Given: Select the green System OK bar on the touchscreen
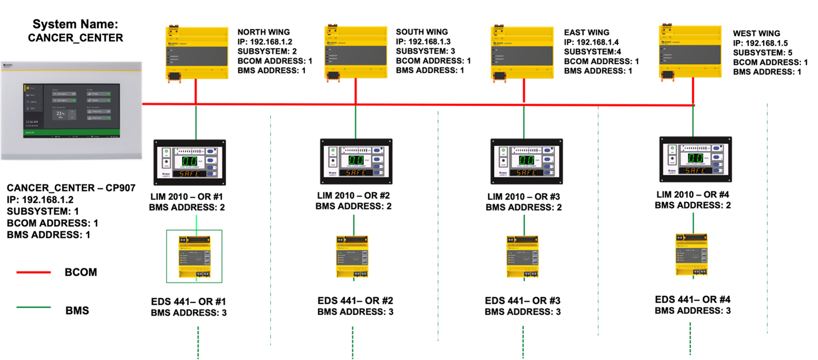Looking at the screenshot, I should pos(71,132).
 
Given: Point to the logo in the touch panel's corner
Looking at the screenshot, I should pos(8,65).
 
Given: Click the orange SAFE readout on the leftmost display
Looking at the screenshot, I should pos(189,173).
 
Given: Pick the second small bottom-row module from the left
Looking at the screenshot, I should pos(352,258).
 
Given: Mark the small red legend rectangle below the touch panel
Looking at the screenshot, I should pos(40,276).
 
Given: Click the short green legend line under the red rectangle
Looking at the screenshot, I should pos(33,307).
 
